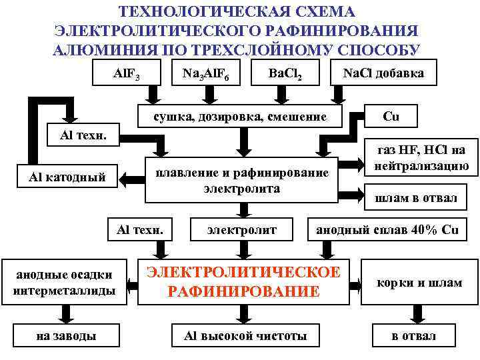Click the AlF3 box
pos(126,73)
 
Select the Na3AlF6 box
pos(206,73)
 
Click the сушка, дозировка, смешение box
pos(240,116)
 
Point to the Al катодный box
pos(67,177)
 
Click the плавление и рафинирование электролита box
pos(242,181)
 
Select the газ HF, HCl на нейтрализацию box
pos(421,158)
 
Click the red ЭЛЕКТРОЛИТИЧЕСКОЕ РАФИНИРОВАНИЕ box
pos(243,281)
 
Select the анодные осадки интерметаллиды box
pos(64,282)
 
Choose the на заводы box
pos(65,335)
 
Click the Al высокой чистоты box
pos(245,335)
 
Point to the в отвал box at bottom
pos(413,335)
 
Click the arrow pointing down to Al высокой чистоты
pos(245,314)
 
